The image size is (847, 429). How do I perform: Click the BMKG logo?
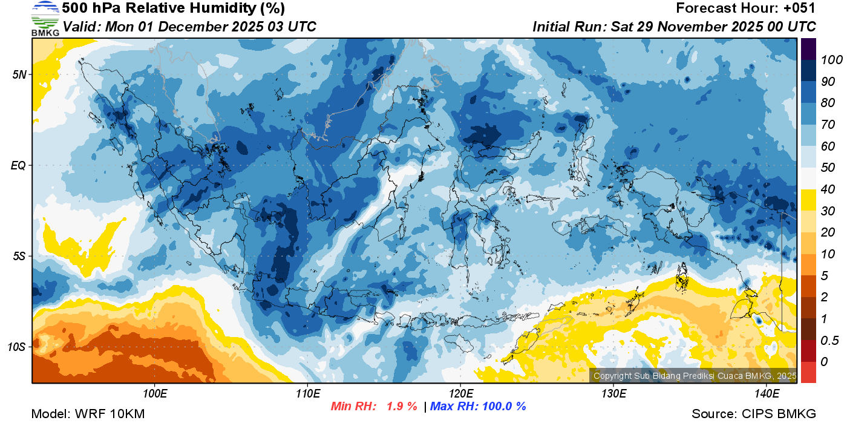pos(45,18)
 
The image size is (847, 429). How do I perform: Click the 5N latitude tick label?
pos(19,74)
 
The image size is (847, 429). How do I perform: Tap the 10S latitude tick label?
pos(17,347)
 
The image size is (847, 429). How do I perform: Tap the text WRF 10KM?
pos(110,414)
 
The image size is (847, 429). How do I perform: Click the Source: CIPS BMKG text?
pos(754,414)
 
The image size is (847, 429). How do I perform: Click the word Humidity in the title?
pos(216,8)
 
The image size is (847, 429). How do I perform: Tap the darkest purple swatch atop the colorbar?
pos(809,48)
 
